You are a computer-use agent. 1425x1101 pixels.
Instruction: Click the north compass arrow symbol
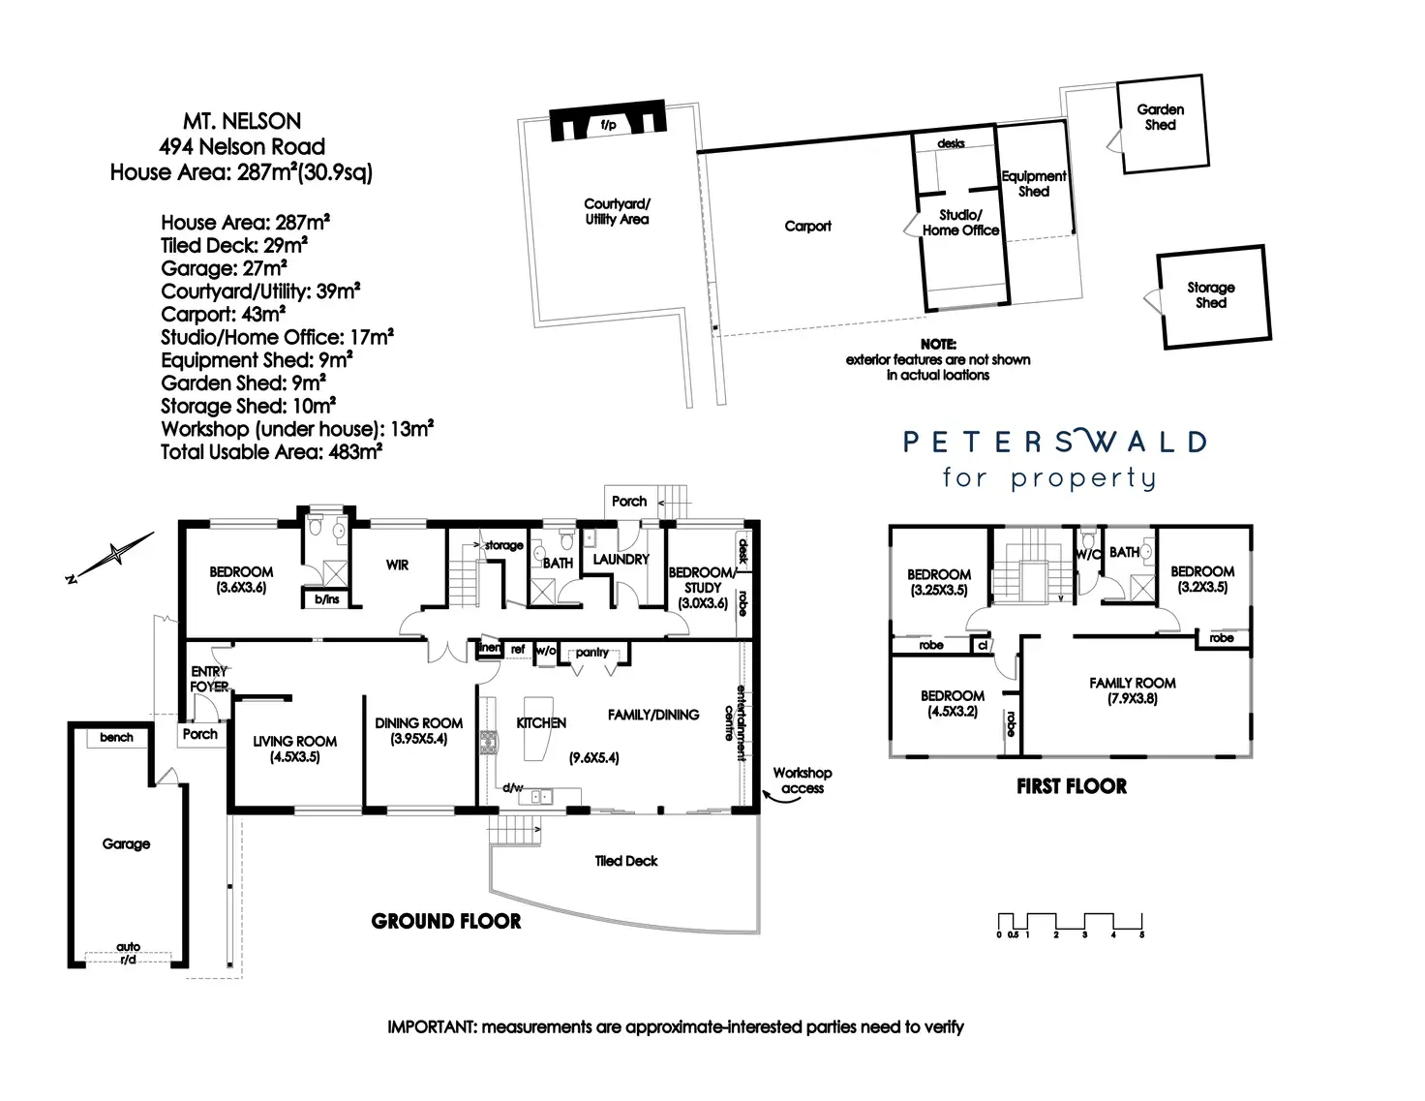click(x=115, y=555)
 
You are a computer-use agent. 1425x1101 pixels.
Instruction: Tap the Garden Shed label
click(x=1160, y=117)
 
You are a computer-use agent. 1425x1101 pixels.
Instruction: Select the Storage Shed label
click(x=1210, y=295)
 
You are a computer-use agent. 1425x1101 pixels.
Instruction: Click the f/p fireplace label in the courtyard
click(x=608, y=125)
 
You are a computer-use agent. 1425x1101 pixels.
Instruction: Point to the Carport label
click(x=807, y=227)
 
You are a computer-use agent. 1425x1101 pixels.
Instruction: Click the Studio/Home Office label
click(x=959, y=223)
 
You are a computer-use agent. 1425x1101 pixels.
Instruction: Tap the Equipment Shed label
click(x=1033, y=184)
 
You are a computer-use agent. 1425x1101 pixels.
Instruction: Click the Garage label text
click(x=126, y=844)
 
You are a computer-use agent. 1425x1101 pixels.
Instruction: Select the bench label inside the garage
click(x=116, y=738)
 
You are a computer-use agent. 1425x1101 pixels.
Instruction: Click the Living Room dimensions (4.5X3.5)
click(x=294, y=757)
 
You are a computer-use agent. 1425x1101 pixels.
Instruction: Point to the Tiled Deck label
click(x=625, y=861)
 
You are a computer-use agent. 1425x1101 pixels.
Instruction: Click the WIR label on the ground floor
click(x=397, y=565)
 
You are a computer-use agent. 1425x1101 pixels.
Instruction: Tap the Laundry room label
click(x=621, y=560)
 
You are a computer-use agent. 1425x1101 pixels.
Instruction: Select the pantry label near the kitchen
click(x=591, y=653)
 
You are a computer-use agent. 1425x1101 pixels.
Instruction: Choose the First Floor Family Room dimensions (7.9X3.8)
click(x=1132, y=698)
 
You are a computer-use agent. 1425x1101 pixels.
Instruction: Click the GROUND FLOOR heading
click(x=445, y=922)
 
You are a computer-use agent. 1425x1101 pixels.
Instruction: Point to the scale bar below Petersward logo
click(x=1070, y=923)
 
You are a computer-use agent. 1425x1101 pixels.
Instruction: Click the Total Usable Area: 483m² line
click(x=271, y=452)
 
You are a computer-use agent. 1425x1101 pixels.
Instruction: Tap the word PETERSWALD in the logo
click(x=1054, y=443)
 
